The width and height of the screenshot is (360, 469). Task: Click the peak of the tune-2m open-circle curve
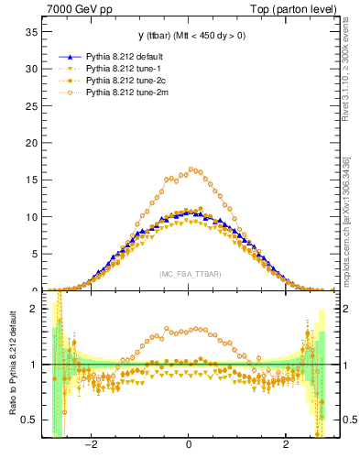tap(191, 169)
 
